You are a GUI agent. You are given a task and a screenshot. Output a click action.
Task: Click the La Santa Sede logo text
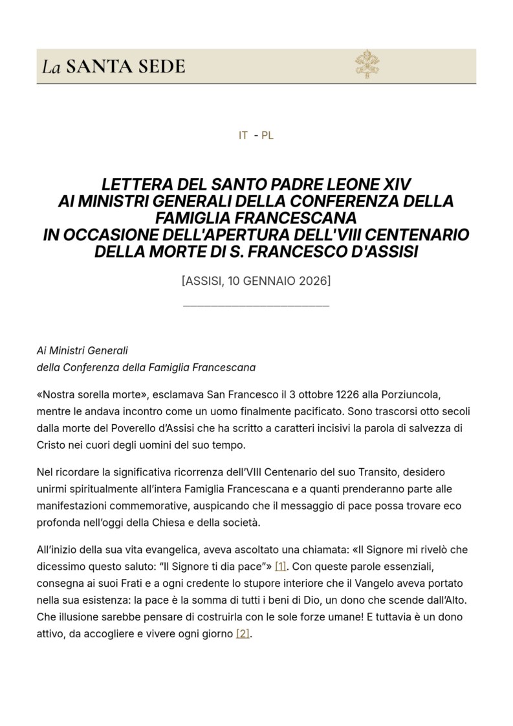(114, 66)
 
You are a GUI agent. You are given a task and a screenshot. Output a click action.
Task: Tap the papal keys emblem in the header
(367, 65)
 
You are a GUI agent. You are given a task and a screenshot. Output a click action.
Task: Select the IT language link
(243, 136)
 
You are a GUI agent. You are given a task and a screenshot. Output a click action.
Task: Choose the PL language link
(267, 136)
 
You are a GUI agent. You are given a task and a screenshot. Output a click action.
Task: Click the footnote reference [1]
(280, 566)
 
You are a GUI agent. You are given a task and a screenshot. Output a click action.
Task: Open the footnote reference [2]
(243, 633)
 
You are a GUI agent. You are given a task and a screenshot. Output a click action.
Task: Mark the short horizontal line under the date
(256, 305)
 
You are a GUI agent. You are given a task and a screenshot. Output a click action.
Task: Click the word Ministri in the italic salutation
(71, 351)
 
